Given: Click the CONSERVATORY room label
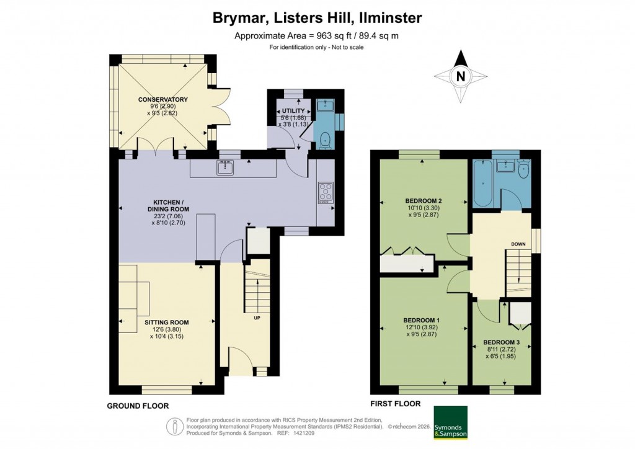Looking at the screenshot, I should pos(163,100).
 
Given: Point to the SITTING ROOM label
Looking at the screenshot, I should pos(167,322).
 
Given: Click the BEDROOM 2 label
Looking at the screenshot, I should pos(424,201).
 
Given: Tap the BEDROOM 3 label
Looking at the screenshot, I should pos(501,342).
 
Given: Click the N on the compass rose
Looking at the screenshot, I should pos(460,77).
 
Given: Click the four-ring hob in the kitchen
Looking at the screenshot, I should pos(326,192).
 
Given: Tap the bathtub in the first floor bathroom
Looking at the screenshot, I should pos(482,185).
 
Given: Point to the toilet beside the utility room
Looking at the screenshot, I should pos(326,140).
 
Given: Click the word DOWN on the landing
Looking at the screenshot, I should pos(518,244).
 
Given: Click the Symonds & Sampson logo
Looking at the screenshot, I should pos(451,423).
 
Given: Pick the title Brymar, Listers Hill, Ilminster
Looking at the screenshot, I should pos(317,18).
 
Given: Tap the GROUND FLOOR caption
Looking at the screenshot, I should pos(137,406).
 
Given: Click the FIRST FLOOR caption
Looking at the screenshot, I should pos(395,404).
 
